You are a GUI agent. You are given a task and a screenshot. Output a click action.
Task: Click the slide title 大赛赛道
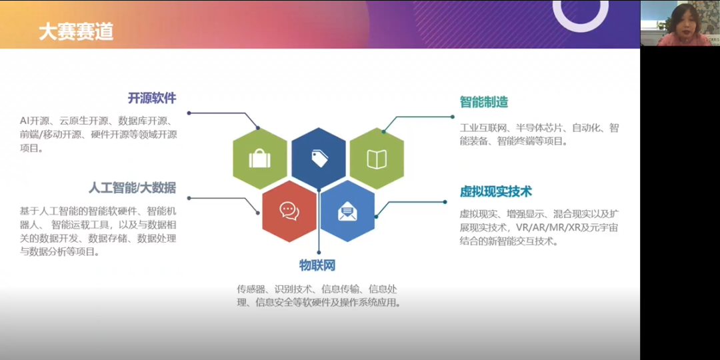[x=75, y=31]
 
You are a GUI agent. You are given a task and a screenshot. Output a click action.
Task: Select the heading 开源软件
[x=152, y=98]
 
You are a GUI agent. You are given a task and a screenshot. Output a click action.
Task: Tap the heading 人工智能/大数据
[x=132, y=187]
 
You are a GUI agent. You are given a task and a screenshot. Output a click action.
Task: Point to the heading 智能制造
[x=484, y=102]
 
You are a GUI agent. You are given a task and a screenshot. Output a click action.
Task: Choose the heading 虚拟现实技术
[x=496, y=191]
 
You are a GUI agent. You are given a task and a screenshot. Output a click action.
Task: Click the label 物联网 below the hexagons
[x=317, y=265]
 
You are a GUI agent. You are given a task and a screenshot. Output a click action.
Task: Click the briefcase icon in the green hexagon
[x=259, y=159]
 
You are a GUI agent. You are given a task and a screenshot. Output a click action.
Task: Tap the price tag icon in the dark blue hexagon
[x=319, y=158]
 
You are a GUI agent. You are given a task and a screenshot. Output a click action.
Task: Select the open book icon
[x=377, y=159]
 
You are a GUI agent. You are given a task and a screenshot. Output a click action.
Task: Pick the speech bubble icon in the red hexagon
[x=289, y=211]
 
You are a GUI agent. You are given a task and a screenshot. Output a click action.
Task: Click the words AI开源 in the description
[x=35, y=121]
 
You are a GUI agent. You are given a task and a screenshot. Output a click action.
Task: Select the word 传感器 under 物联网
[x=251, y=289]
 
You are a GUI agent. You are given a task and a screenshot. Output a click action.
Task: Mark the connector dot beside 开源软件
[x=189, y=113]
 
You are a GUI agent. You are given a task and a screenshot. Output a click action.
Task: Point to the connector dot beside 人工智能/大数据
[x=189, y=198]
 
